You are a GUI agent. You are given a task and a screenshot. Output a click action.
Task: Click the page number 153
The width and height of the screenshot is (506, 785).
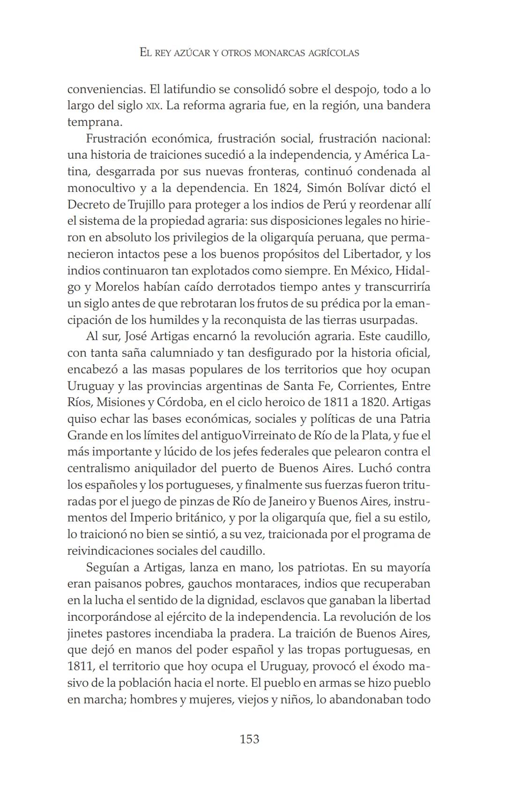249,739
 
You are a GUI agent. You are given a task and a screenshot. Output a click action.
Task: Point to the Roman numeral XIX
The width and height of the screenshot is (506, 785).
153,106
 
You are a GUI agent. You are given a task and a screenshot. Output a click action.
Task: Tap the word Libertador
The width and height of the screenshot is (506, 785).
372,254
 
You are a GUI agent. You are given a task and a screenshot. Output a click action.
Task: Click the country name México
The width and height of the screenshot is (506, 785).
369,271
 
